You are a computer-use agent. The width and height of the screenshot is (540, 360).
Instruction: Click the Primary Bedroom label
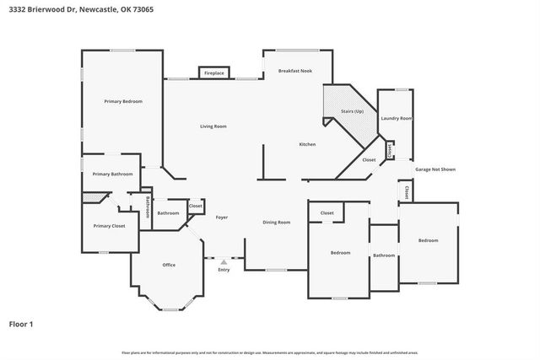tap(123, 101)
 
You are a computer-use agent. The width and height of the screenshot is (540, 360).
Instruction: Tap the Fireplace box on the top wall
tap(214, 73)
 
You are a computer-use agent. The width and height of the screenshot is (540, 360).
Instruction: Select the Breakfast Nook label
tap(294, 71)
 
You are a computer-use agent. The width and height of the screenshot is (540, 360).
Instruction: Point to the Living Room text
tap(213, 126)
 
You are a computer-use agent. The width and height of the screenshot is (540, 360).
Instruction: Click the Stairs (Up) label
tap(352, 111)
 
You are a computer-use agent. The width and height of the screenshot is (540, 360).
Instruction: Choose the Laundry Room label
tap(395, 119)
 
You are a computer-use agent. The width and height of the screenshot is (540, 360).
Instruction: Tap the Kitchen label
tap(307, 145)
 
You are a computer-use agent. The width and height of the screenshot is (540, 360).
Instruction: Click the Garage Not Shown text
tap(435, 169)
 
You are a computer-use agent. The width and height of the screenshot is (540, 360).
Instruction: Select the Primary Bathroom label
tap(112, 174)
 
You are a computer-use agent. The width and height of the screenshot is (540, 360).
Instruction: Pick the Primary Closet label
tap(109, 226)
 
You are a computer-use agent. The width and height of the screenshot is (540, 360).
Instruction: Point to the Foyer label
tap(222, 218)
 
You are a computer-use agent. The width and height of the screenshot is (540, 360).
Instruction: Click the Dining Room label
tap(277, 222)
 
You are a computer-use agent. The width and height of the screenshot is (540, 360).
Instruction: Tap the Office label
tap(169, 265)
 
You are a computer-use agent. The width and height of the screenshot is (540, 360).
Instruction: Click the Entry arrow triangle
tap(224, 262)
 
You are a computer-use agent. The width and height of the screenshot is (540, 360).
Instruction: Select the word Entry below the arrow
tap(224, 270)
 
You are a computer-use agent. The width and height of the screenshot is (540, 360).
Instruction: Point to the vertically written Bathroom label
tap(148, 207)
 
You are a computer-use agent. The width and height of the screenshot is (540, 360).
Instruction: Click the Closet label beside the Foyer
tap(195, 206)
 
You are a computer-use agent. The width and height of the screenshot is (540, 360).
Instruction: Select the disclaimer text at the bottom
tap(269, 352)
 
